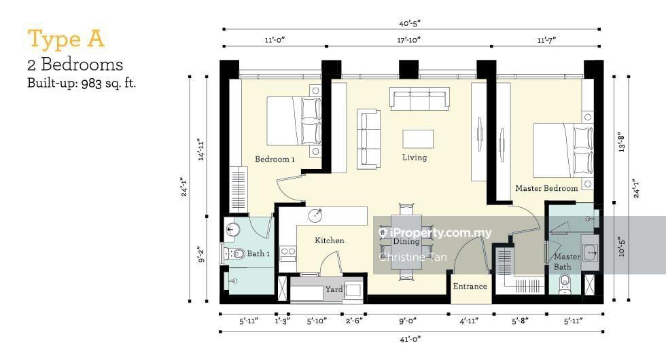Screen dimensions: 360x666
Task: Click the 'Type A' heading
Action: pyautogui.click(x=66, y=39)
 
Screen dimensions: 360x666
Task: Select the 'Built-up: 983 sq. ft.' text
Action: pyautogui.click(x=82, y=84)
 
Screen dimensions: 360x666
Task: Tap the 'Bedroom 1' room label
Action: pyautogui.click(x=275, y=159)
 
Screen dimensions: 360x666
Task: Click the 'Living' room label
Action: pyautogui.click(x=414, y=158)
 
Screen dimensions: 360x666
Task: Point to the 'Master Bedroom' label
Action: pyautogui.click(x=546, y=188)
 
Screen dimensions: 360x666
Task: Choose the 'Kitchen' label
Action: pyautogui.click(x=329, y=240)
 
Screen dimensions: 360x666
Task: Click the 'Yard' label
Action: pyautogui.click(x=334, y=289)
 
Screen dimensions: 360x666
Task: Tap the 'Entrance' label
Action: pyautogui.click(x=470, y=286)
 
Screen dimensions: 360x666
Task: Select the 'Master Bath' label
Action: pyautogui.click(x=566, y=262)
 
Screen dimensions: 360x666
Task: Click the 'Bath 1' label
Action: pyautogui.click(x=259, y=254)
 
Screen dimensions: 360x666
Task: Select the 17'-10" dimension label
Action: pyautogui.click(x=408, y=40)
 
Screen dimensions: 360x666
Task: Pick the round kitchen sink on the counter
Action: pyautogui.click(x=316, y=216)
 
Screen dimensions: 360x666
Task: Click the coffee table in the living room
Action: pyautogui.click(x=417, y=139)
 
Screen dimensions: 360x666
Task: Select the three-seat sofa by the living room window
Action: pyautogui.click(x=419, y=98)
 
